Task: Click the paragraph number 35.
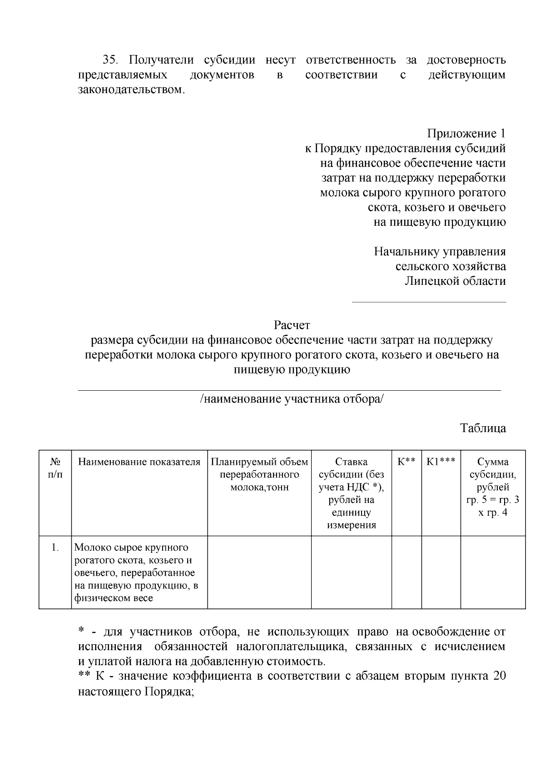[110, 60]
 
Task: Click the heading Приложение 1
[466, 134]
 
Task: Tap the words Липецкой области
[455, 281]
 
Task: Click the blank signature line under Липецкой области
[429, 302]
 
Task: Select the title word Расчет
[292, 325]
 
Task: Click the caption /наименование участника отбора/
[292, 399]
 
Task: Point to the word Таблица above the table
[483, 428]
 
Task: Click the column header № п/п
[55, 468]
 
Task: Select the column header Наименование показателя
[139, 462]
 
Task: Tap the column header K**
[406, 462]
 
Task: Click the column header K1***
[441, 462]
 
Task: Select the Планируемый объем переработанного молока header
[259, 474]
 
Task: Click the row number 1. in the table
[55, 547]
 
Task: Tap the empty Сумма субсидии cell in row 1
[493, 572]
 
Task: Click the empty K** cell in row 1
[406, 572]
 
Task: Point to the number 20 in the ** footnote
[499, 676]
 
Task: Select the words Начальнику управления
[440, 251]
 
